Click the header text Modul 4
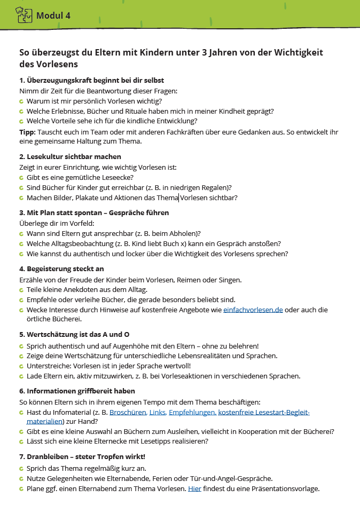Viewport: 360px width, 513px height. pyautogui.click(x=53, y=15)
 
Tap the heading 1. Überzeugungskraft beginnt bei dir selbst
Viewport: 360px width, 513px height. pyautogui.click(x=91, y=81)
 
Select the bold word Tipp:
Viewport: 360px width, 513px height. pyautogui.click(x=27, y=131)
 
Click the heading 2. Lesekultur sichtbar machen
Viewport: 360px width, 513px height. pyautogui.click(x=70, y=156)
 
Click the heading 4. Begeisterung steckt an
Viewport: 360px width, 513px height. pyautogui.click(x=61, y=269)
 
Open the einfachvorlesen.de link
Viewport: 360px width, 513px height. pyautogui.click(x=253, y=310)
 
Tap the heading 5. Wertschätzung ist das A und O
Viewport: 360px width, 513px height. pyautogui.click(x=74, y=335)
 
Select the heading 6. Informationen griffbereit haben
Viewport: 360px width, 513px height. pyautogui.click(x=77, y=391)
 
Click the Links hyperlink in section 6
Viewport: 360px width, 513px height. pyautogui.click(x=158, y=412)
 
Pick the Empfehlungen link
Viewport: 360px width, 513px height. pyautogui.click(x=192, y=412)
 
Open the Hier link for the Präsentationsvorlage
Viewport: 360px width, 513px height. pyautogui.click(x=194, y=488)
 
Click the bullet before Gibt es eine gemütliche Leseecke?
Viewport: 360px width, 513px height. pyautogui.click(x=21, y=177)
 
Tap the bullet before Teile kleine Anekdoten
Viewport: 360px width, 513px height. pyautogui.click(x=21, y=290)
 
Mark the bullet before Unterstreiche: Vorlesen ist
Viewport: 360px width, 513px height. pyautogui.click(x=21, y=366)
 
